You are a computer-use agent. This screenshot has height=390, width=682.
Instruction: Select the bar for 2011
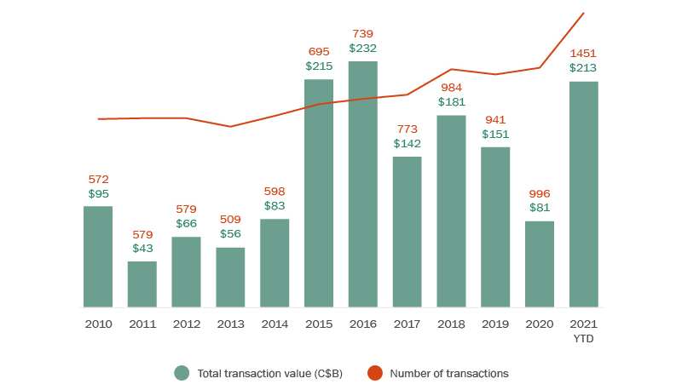(142, 284)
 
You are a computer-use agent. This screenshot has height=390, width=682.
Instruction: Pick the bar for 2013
(230, 278)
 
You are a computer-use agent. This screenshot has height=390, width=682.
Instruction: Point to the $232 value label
(363, 49)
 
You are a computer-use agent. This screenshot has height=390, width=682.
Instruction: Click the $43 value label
(142, 249)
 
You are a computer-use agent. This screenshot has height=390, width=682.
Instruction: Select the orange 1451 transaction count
(584, 54)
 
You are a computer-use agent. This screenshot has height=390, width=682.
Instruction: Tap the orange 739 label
(363, 34)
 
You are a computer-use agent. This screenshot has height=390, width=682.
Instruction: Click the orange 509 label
(230, 220)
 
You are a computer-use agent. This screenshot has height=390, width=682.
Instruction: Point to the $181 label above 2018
(452, 102)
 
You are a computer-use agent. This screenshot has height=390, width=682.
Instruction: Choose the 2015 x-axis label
(319, 324)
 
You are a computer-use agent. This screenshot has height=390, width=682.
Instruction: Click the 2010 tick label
(98, 324)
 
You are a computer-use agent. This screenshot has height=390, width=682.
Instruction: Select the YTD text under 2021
(584, 338)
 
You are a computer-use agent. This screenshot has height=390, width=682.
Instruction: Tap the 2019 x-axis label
(495, 324)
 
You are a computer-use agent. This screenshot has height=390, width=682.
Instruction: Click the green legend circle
(181, 373)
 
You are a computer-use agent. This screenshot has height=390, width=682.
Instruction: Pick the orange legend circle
(374, 373)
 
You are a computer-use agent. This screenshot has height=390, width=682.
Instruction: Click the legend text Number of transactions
(448, 373)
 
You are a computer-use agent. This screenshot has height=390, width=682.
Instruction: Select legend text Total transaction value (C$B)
(269, 373)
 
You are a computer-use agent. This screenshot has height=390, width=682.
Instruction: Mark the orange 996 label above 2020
(540, 194)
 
